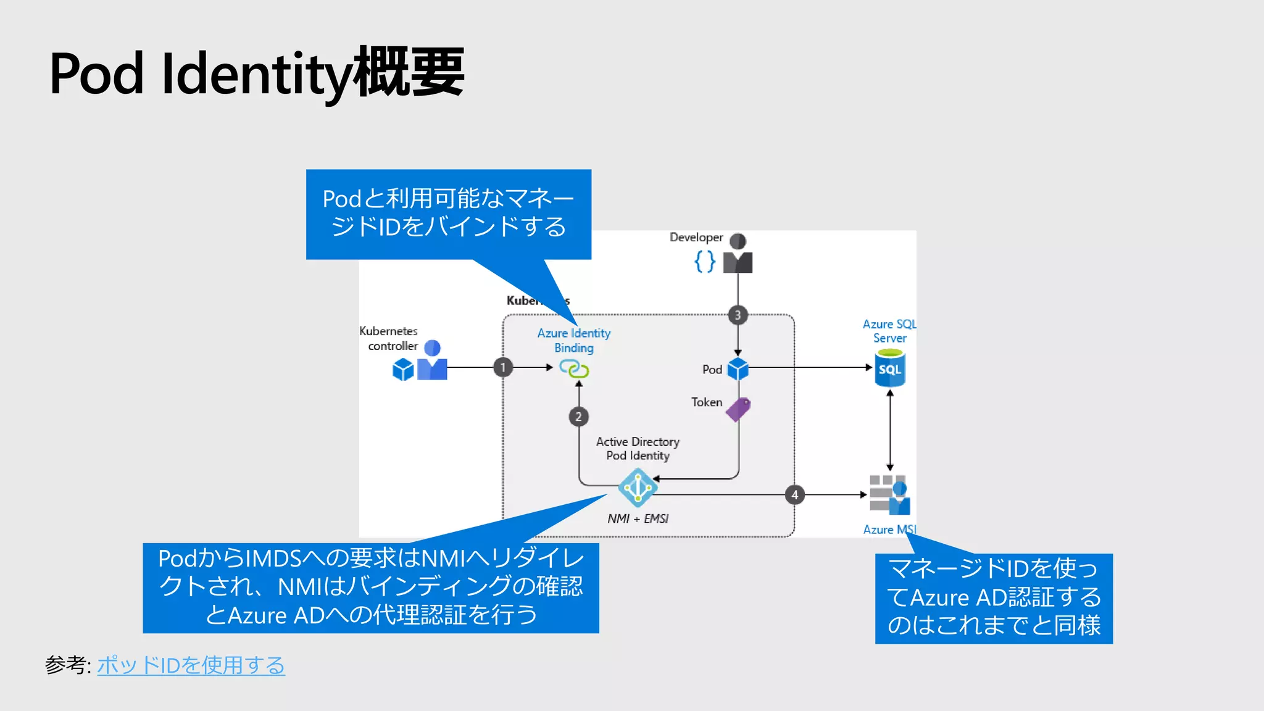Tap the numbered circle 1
[503, 367]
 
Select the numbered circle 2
[578, 417]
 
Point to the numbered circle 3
[738, 315]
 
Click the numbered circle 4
[795, 495]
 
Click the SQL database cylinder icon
[890, 368]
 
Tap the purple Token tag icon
[738, 409]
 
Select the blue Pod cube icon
[738, 369]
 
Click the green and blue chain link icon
[574, 369]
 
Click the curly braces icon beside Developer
[705, 262]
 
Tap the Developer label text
[696, 238]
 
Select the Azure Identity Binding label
[574, 341]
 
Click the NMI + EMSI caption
[638, 519]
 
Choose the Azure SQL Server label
[889, 331]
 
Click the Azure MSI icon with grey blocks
[889, 494]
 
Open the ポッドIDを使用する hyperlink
[191, 665]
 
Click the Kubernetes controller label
[389, 339]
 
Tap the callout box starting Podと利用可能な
[449, 214]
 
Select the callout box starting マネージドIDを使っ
[994, 598]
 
